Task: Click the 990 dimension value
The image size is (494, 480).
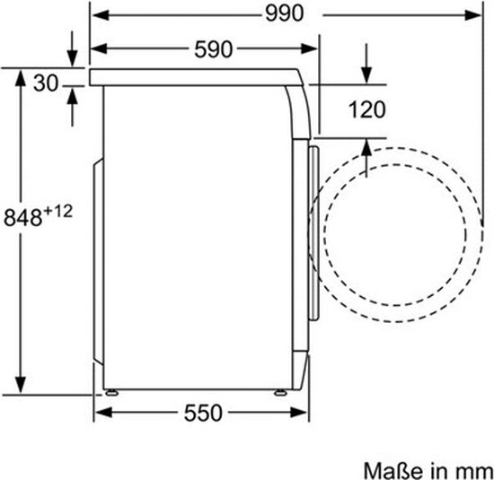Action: [x=285, y=14]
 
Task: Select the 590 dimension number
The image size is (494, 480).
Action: [x=213, y=49]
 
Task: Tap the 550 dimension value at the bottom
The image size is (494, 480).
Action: [x=203, y=413]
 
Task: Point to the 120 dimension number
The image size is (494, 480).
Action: [x=367, y=109]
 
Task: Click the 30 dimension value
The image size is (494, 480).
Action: [x=46, y=83]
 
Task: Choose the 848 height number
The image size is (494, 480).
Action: [x=22, y=217]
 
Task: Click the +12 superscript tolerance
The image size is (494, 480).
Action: [x=58, y=211]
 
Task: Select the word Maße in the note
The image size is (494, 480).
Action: [x=393, y=471]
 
